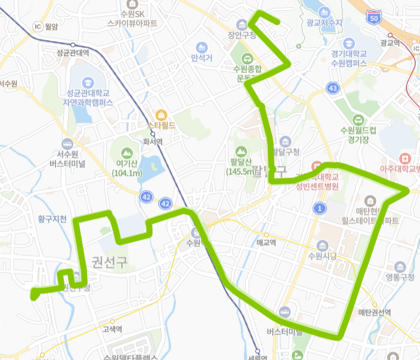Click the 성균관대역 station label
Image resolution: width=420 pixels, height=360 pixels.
72,53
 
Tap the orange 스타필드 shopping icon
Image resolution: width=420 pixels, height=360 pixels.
160,114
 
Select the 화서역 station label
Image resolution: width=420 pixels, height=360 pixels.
153,142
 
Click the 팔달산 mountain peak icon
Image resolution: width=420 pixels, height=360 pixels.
241,151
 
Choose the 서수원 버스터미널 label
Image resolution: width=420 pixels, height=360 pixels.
67,159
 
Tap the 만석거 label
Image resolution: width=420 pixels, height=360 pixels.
202,58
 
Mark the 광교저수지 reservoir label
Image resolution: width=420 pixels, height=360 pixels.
323,23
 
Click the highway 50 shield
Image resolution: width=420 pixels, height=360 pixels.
374,18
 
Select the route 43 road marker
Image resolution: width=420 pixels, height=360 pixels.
332,88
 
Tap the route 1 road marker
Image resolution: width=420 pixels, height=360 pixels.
320,208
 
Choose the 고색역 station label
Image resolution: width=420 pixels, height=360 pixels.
112,328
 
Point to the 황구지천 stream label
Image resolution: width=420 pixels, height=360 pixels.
52,219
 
